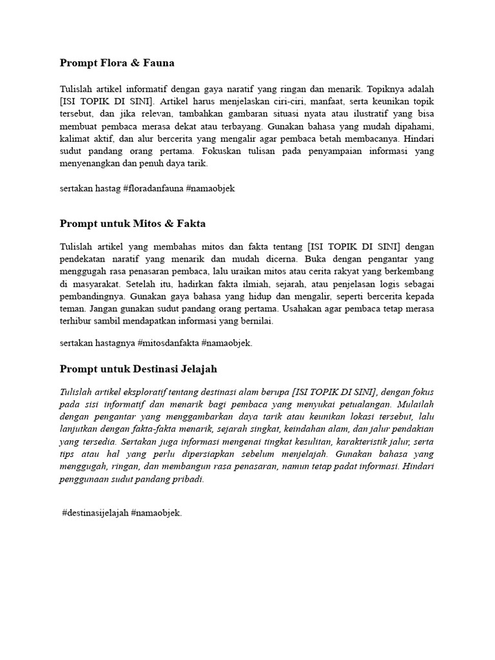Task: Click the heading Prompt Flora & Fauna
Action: click(117, 63)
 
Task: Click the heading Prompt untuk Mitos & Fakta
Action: click(133, 224)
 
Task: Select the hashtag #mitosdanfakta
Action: click(168, 343)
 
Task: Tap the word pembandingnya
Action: click(93, 296)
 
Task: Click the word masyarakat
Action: click(99, 284)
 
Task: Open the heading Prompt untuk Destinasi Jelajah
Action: click(139, 369)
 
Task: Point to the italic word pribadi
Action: click(188, 479)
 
